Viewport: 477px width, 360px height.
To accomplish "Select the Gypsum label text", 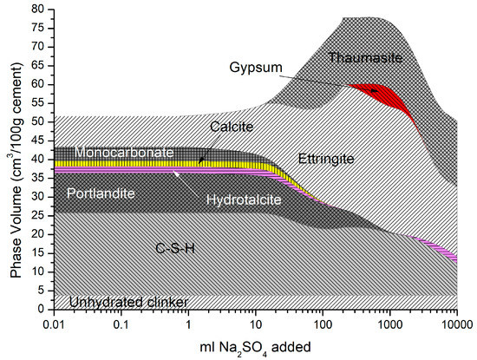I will click(x=256, y=67).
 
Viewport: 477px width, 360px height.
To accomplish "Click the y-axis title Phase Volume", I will click(x=15, y=157).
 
